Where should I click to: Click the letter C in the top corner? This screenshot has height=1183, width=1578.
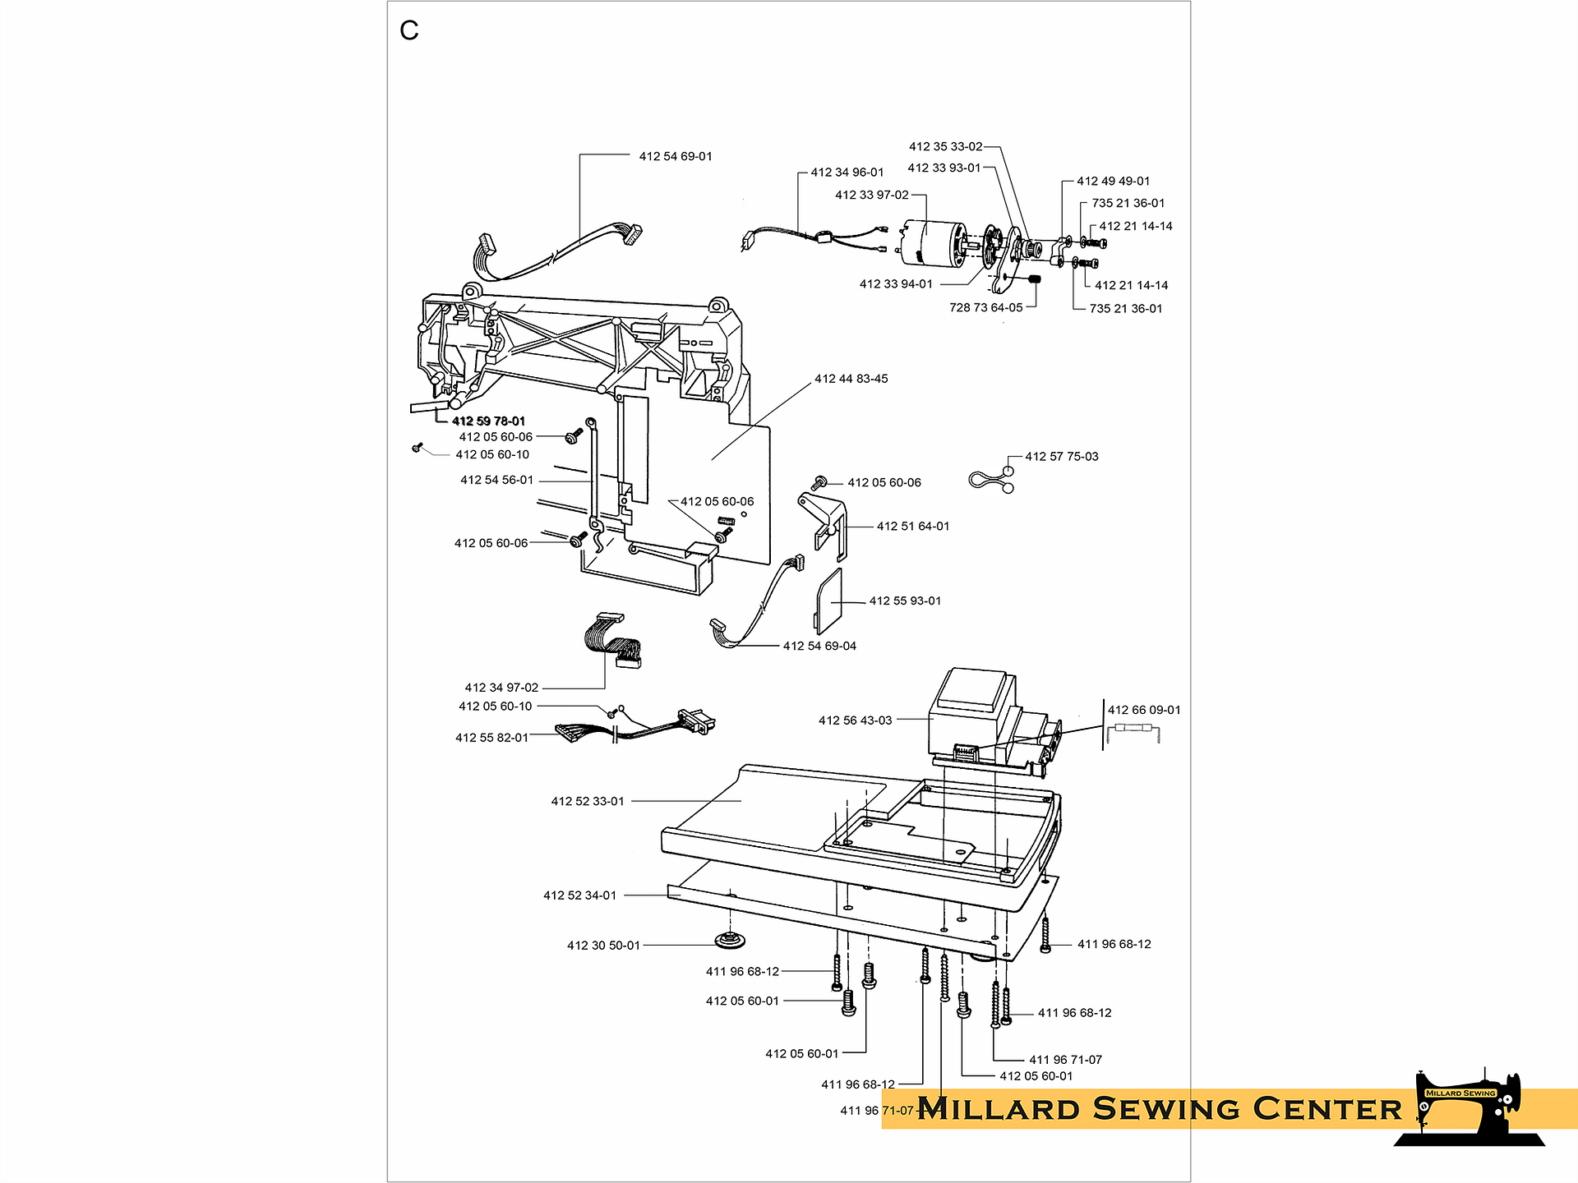408,31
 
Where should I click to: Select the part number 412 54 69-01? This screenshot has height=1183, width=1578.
676,156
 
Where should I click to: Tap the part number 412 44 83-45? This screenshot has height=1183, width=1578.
851,379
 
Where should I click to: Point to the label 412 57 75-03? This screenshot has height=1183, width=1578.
1061,457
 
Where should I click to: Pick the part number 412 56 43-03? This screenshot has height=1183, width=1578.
855,720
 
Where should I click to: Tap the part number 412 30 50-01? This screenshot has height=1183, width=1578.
603,946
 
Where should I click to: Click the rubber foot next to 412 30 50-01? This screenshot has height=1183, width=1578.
729,938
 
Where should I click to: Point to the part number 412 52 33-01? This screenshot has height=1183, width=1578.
588,801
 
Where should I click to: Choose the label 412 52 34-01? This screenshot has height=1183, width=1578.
579,895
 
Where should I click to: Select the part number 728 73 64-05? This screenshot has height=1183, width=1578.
985,308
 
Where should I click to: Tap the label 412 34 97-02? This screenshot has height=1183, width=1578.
501,688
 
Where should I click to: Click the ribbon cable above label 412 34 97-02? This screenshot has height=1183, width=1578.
612,639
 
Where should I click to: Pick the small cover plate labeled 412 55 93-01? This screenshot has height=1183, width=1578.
828,601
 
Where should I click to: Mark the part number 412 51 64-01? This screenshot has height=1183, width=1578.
912,527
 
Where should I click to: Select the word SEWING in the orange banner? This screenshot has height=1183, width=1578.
1166,1109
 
